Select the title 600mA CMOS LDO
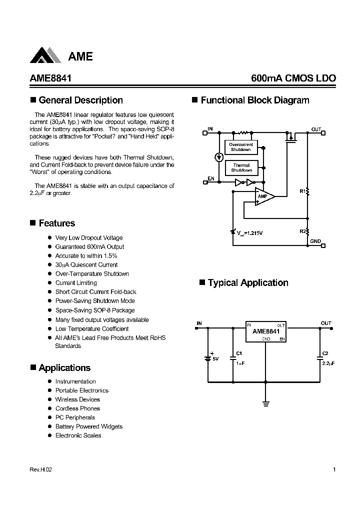[293, 78]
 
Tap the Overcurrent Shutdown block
[240, 147]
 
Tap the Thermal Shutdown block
[240, 167]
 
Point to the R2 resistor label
[302, 231]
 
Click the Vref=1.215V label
[249, 233]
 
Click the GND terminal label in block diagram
[315, 241]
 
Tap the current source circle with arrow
[218, 157]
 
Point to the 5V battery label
[215, 359]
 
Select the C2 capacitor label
[325, 353]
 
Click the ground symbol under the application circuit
[265, 403]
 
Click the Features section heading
[56, 223]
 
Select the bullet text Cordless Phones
[77, 408]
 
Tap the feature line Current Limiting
[76, 283]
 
